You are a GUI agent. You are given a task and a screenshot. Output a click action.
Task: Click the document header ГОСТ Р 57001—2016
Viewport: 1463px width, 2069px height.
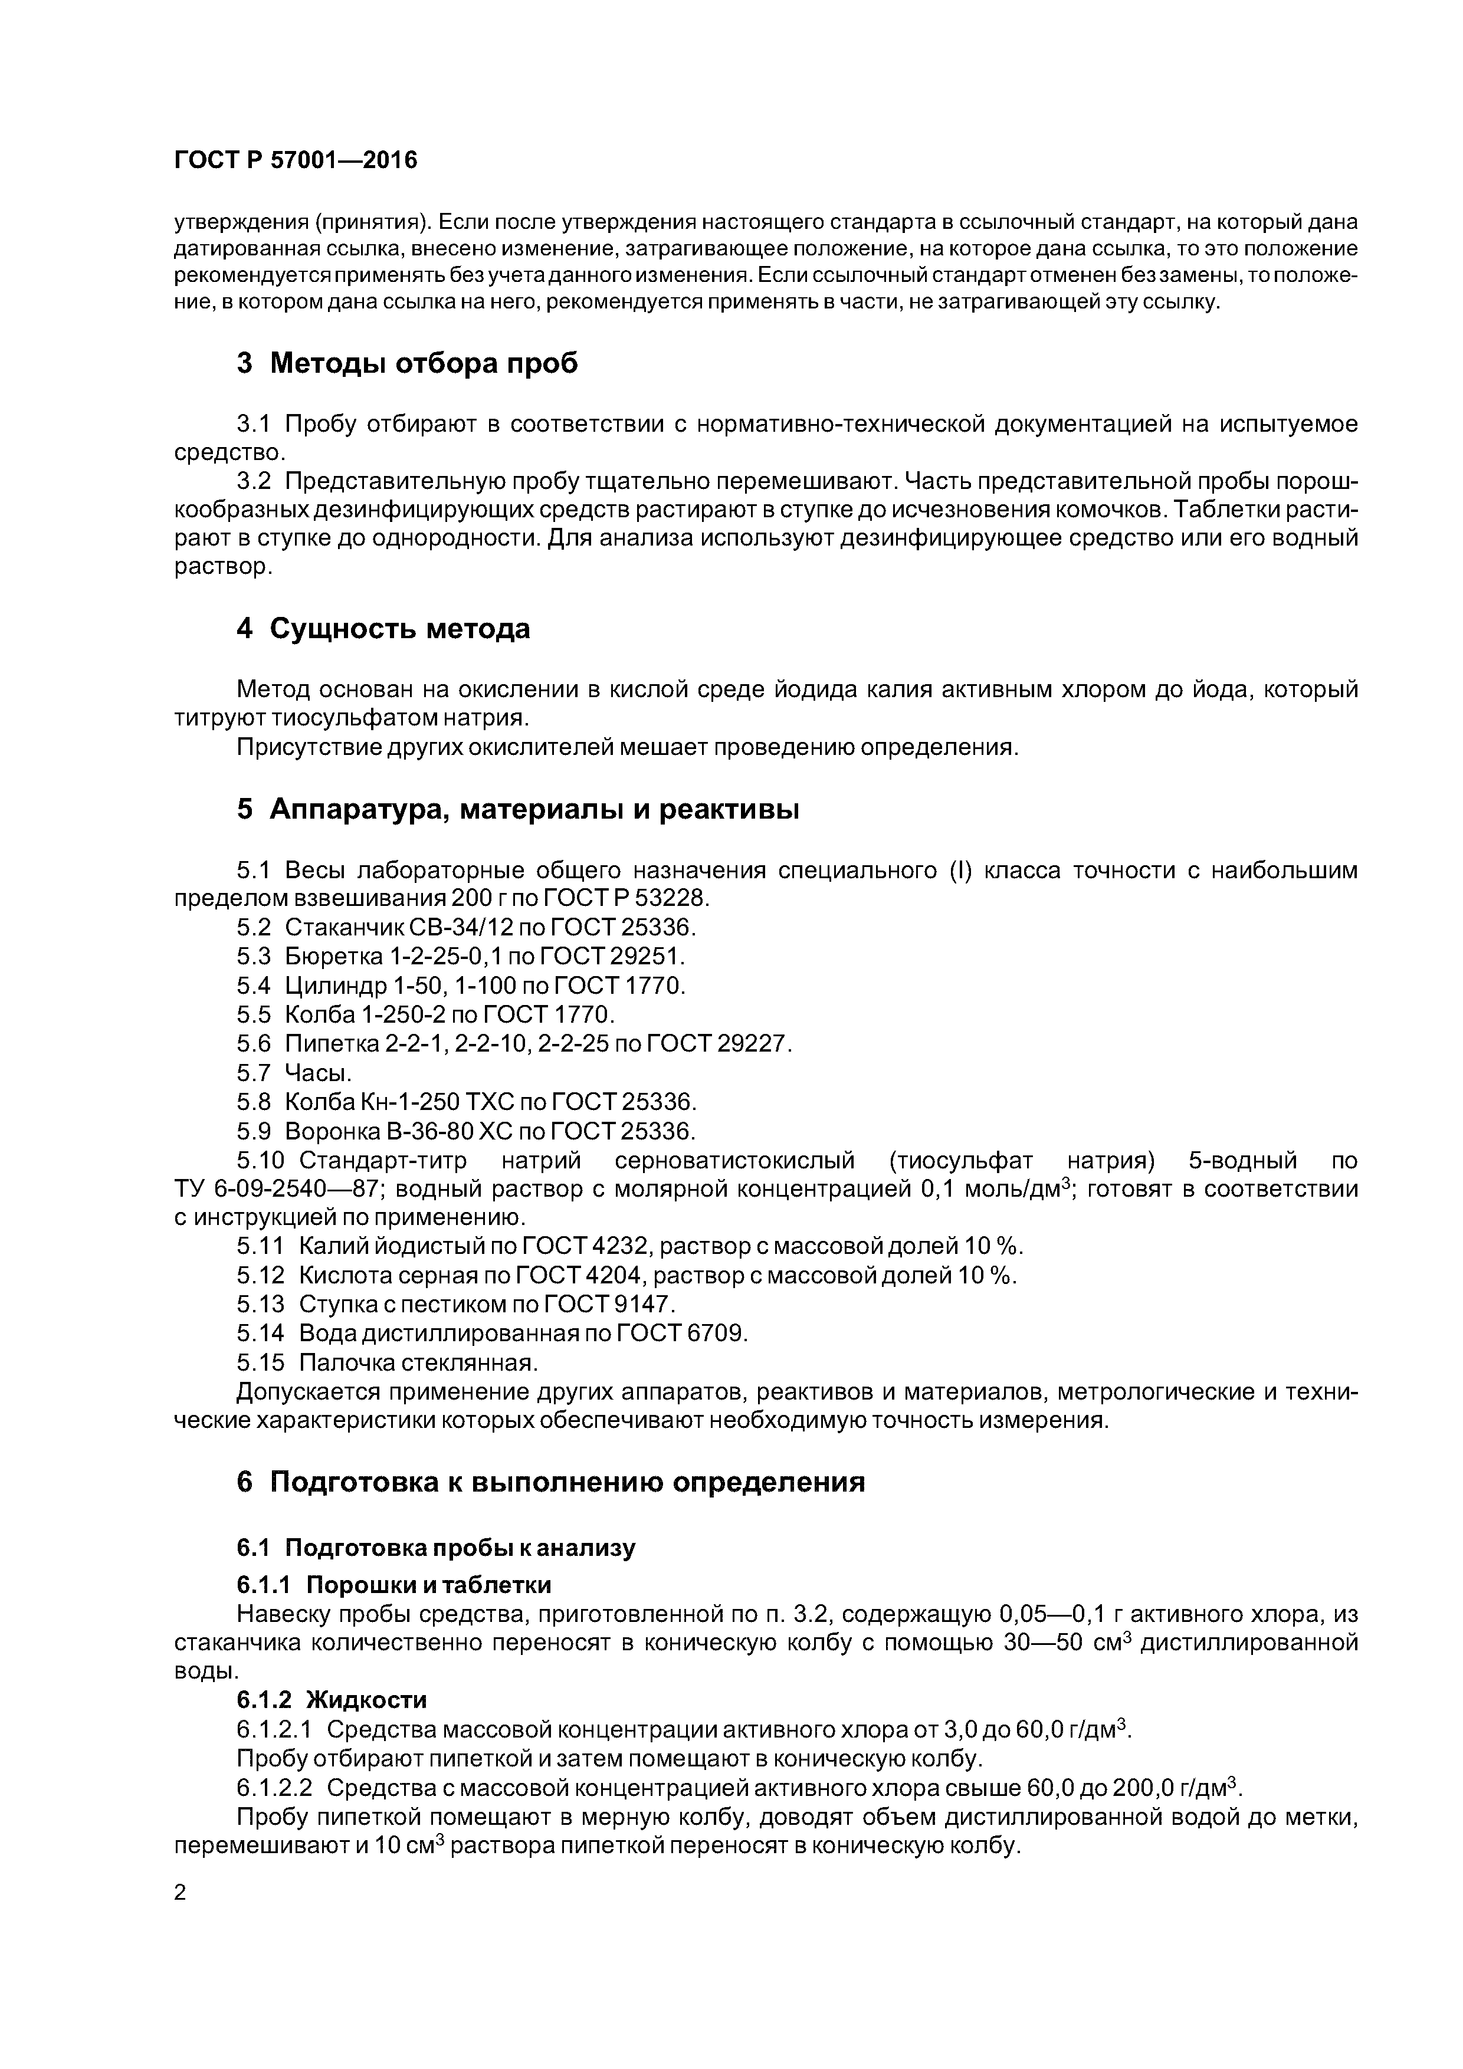point(296,160)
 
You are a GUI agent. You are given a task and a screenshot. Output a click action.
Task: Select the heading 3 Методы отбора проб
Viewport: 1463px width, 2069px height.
point(406,363)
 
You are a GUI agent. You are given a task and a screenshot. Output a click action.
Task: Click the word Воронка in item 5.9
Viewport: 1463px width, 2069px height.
point(333,1131)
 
